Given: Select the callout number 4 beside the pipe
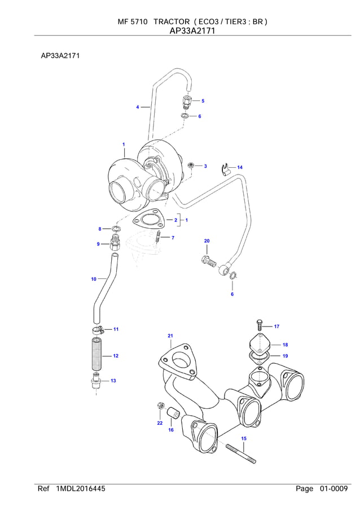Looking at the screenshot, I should coord(137,107).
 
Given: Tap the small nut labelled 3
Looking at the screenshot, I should coord(192,165).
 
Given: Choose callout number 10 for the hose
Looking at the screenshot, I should coord(94,279).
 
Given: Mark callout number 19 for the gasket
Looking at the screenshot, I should coord(285,356).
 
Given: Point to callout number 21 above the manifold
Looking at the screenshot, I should coord(170,337).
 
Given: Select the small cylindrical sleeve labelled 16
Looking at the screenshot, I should coord(175,416).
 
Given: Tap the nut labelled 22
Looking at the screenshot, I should coord(160,407).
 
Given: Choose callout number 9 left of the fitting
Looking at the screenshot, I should coord(98,244).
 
